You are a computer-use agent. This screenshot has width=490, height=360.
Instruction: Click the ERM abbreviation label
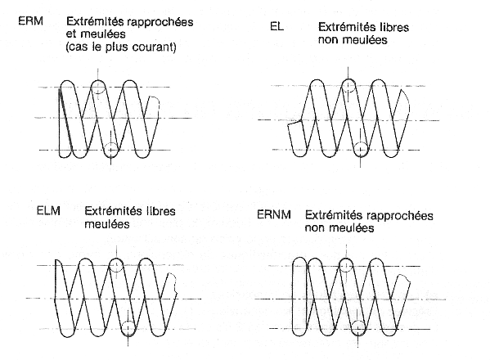click(30, 21)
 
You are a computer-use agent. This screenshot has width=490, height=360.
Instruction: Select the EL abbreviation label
click(276, 26)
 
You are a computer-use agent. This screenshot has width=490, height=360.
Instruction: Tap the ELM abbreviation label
click(48, 210)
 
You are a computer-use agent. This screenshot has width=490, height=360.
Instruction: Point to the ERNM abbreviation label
click(274, 214)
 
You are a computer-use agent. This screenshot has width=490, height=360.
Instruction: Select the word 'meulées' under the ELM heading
click(107, 224)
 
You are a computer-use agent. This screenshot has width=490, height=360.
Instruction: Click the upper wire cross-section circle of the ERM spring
click(98, 87)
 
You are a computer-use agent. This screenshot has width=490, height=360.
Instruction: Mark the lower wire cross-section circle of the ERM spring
click(111, 150)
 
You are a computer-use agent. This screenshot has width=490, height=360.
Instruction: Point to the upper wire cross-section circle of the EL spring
click(348, 86)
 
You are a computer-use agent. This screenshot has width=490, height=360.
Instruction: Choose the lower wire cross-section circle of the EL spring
click(361, 150)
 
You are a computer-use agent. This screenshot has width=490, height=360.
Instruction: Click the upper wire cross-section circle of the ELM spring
click(116, 265)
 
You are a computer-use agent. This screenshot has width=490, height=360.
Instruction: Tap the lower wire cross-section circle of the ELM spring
click(128, 329)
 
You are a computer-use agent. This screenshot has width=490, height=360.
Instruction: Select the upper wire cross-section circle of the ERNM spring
click(346, 265)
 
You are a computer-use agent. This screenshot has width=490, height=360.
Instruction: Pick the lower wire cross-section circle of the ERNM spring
click(358, 328)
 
